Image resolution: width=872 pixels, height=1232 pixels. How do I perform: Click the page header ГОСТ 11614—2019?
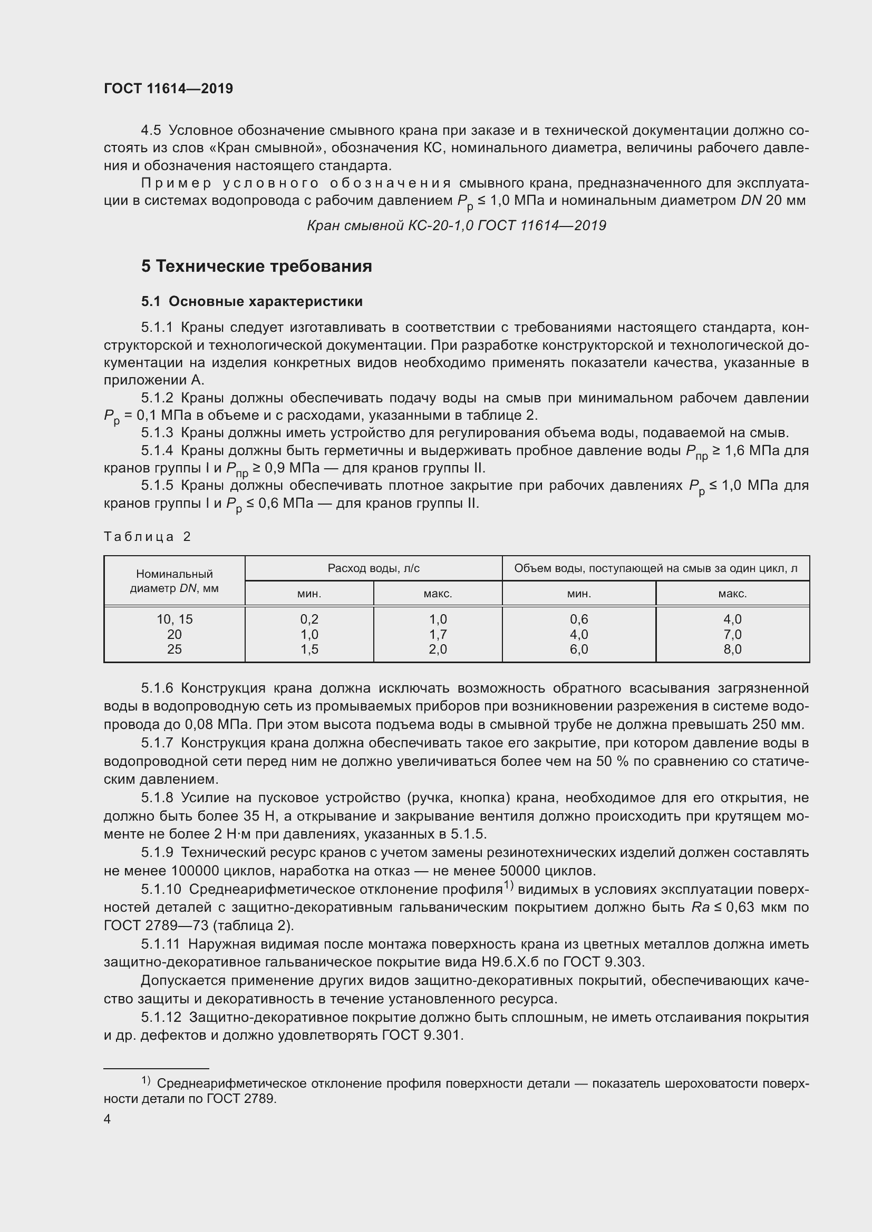coord(168,88)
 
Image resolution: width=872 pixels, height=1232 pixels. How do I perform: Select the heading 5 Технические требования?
coord(256,266)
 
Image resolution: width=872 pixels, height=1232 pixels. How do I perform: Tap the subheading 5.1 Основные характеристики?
coord(252,302)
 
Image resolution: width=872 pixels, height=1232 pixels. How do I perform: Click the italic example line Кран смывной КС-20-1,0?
coord(457,225)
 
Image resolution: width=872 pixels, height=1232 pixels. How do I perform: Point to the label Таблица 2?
coord(147,537)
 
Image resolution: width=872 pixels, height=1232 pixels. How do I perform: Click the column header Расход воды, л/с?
coord(373,568)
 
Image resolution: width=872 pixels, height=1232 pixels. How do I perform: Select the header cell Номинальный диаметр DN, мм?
coord(174,581)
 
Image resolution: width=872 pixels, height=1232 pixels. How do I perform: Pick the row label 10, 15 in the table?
coord(174,619)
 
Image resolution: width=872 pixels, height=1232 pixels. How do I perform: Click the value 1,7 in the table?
coord(438,634)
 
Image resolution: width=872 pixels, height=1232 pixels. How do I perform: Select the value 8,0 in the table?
coord(732,649)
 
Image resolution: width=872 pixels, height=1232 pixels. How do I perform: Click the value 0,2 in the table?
coord(309,619)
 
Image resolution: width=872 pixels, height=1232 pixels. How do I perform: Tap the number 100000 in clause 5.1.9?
coord(192,871)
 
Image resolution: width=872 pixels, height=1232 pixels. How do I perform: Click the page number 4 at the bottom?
coord(108,1119)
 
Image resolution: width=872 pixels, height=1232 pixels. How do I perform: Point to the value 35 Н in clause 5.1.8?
coord(259,816)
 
